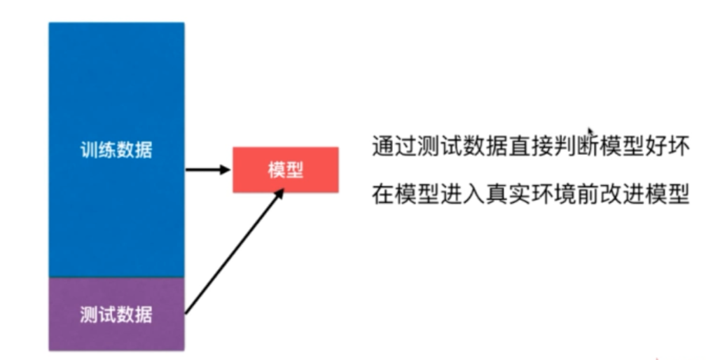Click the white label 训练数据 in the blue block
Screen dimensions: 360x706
pos(116,151)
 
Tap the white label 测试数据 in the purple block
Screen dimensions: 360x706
pos(116,314)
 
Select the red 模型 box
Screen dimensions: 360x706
pos(286,169)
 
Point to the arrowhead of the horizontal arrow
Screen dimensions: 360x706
pos(226,169)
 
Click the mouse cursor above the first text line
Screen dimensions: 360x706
pos(590,132)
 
